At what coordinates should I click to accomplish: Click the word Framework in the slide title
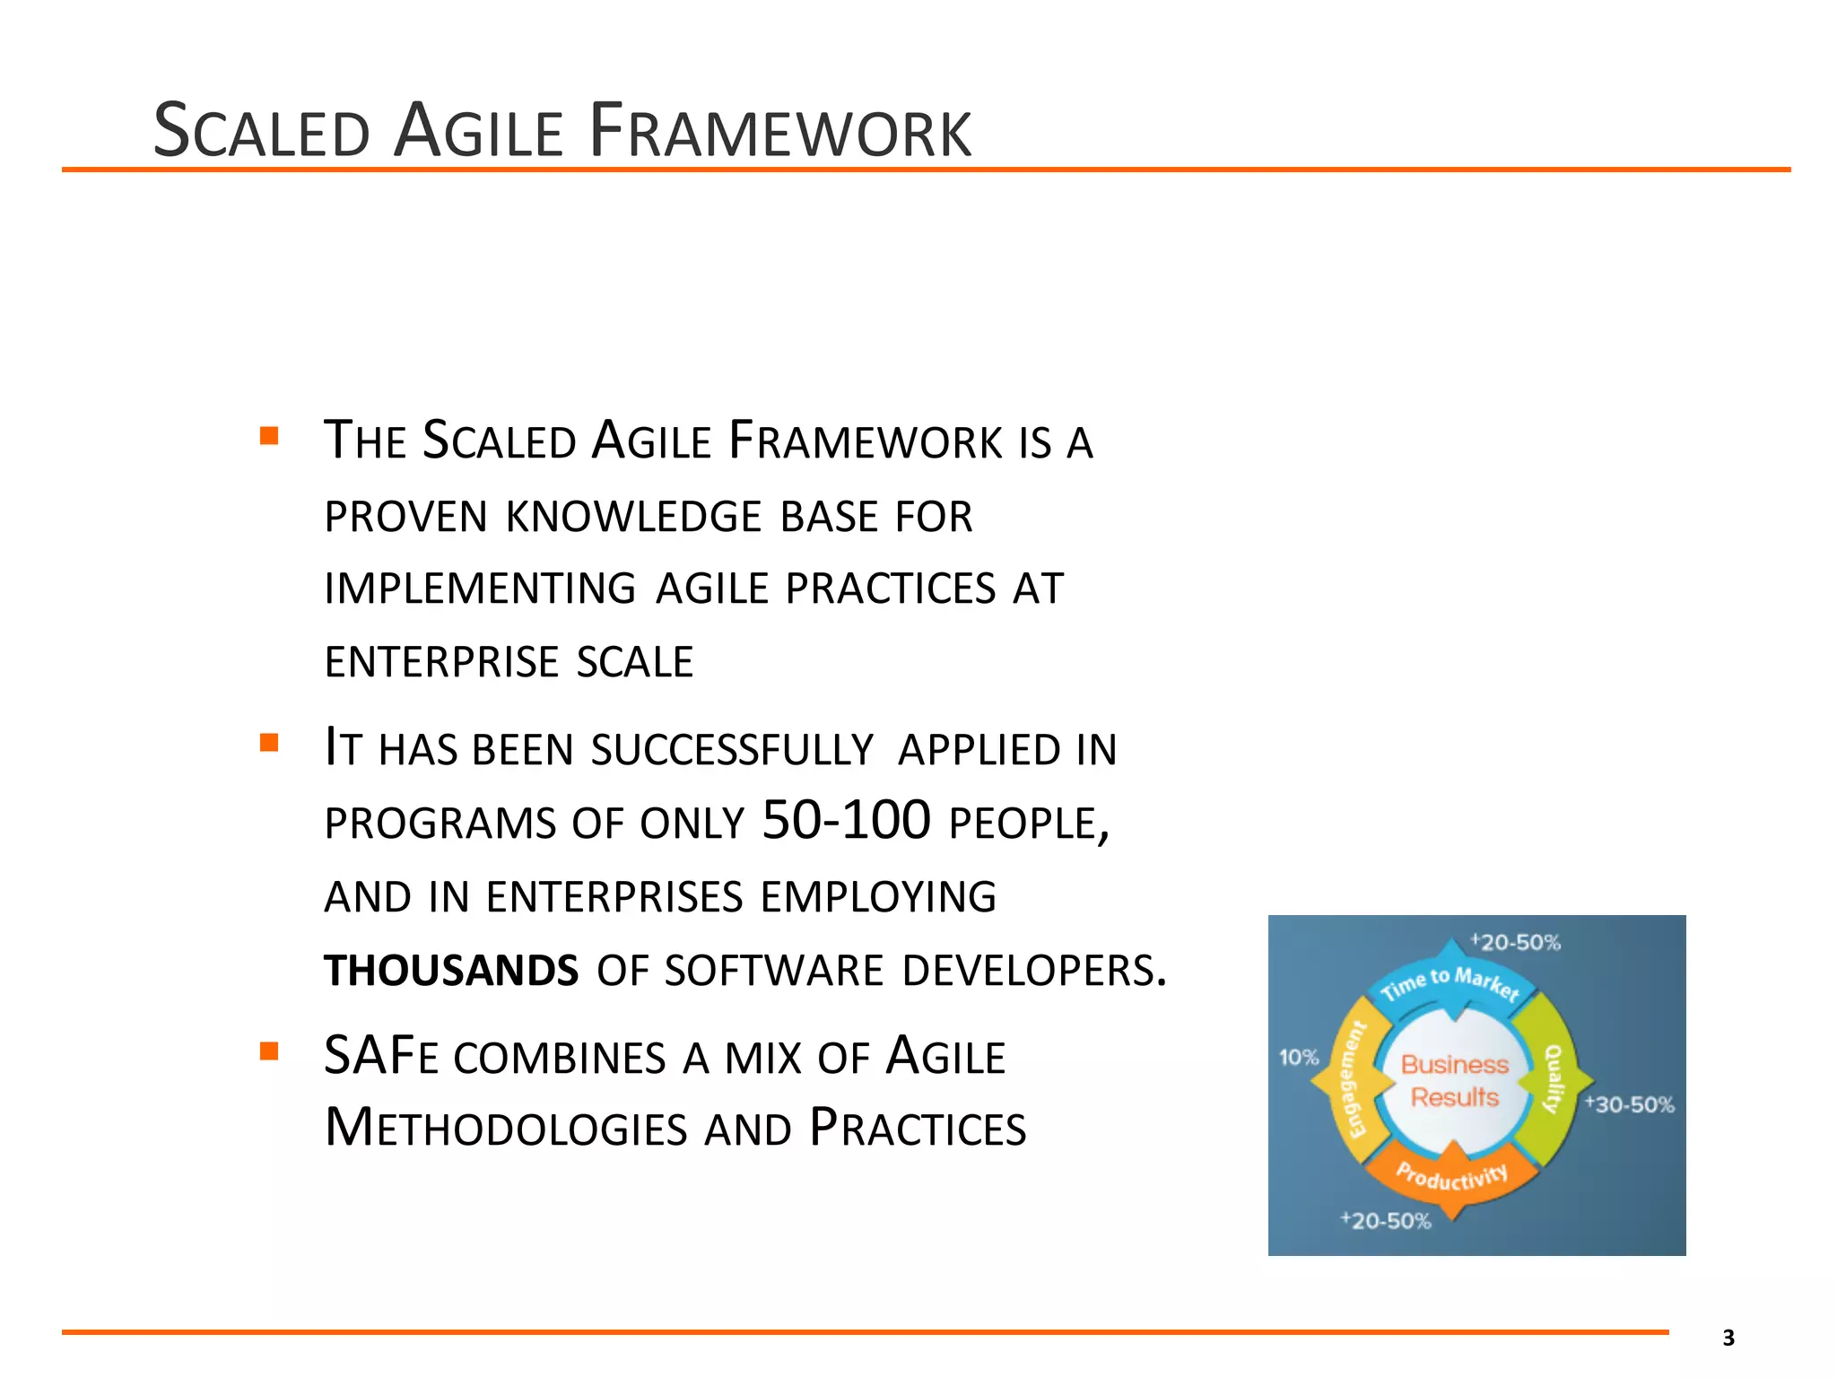point(780,132)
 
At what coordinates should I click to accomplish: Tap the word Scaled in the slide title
point(261,132)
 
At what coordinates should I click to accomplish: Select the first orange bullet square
point(269,437)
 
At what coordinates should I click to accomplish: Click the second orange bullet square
point(269,743)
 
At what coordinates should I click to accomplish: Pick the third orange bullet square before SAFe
point(269,1051)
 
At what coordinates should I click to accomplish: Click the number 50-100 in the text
point(846,820)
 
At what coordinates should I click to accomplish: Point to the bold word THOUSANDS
point(451,971)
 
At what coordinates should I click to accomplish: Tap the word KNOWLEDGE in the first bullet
point(633,517)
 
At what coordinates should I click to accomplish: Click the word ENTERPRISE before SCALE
point(441,662)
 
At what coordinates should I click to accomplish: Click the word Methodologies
point(505,1129)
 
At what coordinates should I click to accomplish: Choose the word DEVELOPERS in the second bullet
point(1034,971)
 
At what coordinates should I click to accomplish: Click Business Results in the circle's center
point(1454,1081)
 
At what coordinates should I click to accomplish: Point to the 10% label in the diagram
point(1298,1058)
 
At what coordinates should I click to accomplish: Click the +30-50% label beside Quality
point(1629,1104)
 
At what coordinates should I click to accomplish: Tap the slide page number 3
point(1728,1338)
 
